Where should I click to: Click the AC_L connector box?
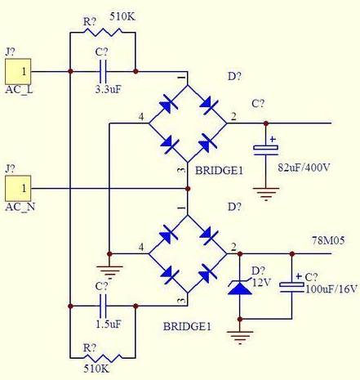coord(18,71)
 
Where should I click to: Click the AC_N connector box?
coord(18,188)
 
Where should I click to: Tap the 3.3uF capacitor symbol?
coord(103,72)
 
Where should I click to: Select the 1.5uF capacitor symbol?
coord(103,306)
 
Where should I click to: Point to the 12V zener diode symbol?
coord(240,287)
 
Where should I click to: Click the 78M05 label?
coord(328,240)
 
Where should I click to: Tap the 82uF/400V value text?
coord(304,168)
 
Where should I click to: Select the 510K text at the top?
coord(122,17)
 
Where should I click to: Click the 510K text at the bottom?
coord(96,369)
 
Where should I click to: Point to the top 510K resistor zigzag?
coord(103,32)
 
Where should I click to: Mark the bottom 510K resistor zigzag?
coord(103,358)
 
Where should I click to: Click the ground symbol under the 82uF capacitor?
coord(266,194)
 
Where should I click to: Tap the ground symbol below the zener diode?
coord(240,338)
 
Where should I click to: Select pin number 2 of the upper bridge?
coord(233,117)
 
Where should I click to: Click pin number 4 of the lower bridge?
coord(141,247)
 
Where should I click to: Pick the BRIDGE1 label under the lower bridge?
coord(187,326)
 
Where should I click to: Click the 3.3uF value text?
coord(108,89)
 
